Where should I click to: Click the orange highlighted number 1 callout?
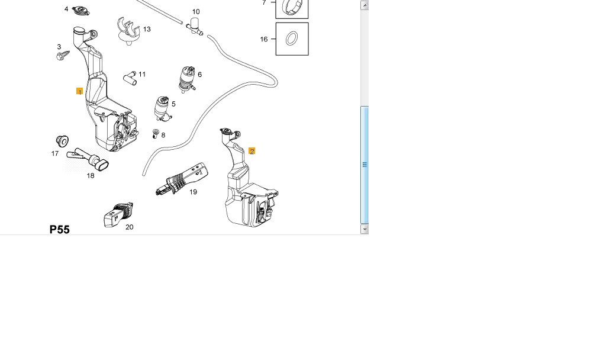pos(80,91)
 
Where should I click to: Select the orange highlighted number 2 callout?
pos(252,151)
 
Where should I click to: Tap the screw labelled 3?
pos(63,55)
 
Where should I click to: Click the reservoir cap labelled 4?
pos(80,11)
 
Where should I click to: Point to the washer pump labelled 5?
pos(162,109)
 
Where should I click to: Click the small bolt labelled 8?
pos(156,134)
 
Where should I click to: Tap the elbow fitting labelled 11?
pos(130,78)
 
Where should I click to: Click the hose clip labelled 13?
pos(128,31)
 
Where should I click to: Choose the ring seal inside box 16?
pos(292,38)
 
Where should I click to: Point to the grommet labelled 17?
pos(62,141)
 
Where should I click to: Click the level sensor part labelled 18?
pos(88,159)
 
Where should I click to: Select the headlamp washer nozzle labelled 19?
pos(182,178)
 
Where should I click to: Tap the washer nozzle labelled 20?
pos(118,214)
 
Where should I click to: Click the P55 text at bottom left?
pos(60,229)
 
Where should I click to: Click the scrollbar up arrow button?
pos(365,5)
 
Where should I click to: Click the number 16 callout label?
pos(264,39)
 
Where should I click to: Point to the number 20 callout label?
pos(130,227)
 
